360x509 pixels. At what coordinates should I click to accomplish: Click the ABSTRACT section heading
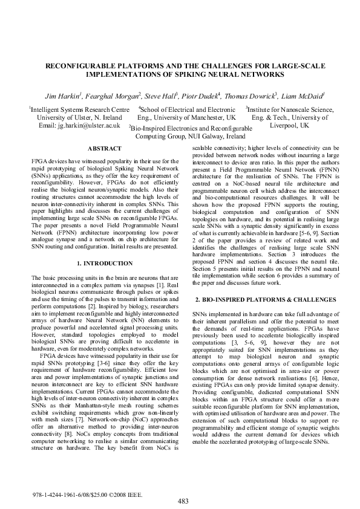[x=104, y=148]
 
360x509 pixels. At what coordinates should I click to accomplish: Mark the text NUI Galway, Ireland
[x=210, y=137]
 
